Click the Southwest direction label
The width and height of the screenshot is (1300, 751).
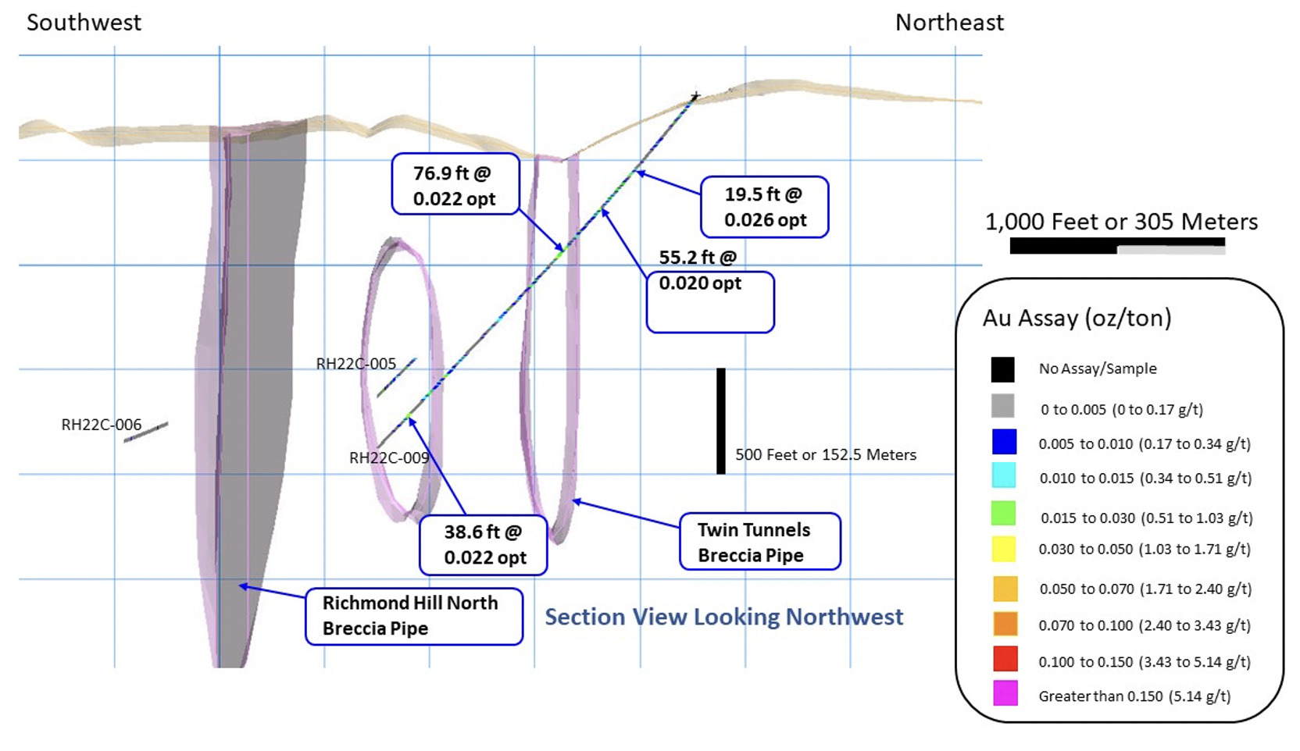coord(84,22)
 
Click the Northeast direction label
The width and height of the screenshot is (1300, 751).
coord(948,23)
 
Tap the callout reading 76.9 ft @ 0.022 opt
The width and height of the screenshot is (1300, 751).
coord(455,185)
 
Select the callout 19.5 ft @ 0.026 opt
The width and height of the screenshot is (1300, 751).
coord(764,207)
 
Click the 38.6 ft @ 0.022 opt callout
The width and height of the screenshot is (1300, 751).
coord(484,545)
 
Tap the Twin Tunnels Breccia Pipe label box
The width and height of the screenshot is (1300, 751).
coord(759,542)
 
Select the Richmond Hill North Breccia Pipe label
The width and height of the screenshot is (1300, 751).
coord(412,616)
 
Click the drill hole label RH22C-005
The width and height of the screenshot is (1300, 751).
coord(356,364)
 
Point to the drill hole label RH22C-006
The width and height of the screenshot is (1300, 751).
coord(102,425)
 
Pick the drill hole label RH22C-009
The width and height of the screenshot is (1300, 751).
coord(389,458)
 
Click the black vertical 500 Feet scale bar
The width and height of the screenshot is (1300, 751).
coord(720,421)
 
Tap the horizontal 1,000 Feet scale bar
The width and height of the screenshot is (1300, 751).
coord(1116,246)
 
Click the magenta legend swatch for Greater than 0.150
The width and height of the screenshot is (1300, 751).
coord(1005,693)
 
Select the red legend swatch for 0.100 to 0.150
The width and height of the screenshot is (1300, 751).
coord(1005,659)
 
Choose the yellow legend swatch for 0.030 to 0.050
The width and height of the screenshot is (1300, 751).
coord(1004,549)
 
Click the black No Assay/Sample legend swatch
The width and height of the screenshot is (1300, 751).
coord(1003,369)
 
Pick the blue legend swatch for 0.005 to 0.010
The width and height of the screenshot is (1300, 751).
coord(1004,442)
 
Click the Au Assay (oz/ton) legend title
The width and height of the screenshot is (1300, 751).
coord(1077,319)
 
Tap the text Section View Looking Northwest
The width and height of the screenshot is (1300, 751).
coord(723,617)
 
